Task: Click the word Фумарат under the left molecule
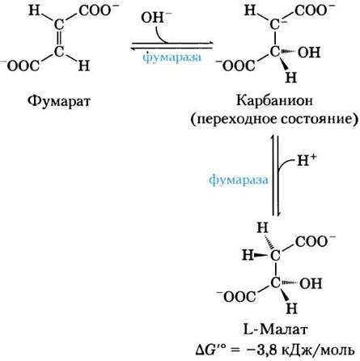pos(59,102)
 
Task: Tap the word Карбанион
pos(275,100)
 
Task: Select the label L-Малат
pos(275,329)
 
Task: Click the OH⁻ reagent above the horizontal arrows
pos(156,17)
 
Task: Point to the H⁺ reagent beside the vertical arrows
pos(307,160)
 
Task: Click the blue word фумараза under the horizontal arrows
pos(172,57)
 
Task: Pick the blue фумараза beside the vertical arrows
pos(239,180)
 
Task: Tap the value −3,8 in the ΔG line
pos(261,350)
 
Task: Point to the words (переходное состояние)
pos(275,119)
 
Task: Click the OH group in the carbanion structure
pos(309,53)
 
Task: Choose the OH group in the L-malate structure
pos(311,283)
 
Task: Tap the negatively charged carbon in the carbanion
pos(275,25)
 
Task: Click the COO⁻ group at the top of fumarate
pos(99,11)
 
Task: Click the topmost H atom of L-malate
pos(262,228)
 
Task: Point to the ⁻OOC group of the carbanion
pos(235,66)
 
